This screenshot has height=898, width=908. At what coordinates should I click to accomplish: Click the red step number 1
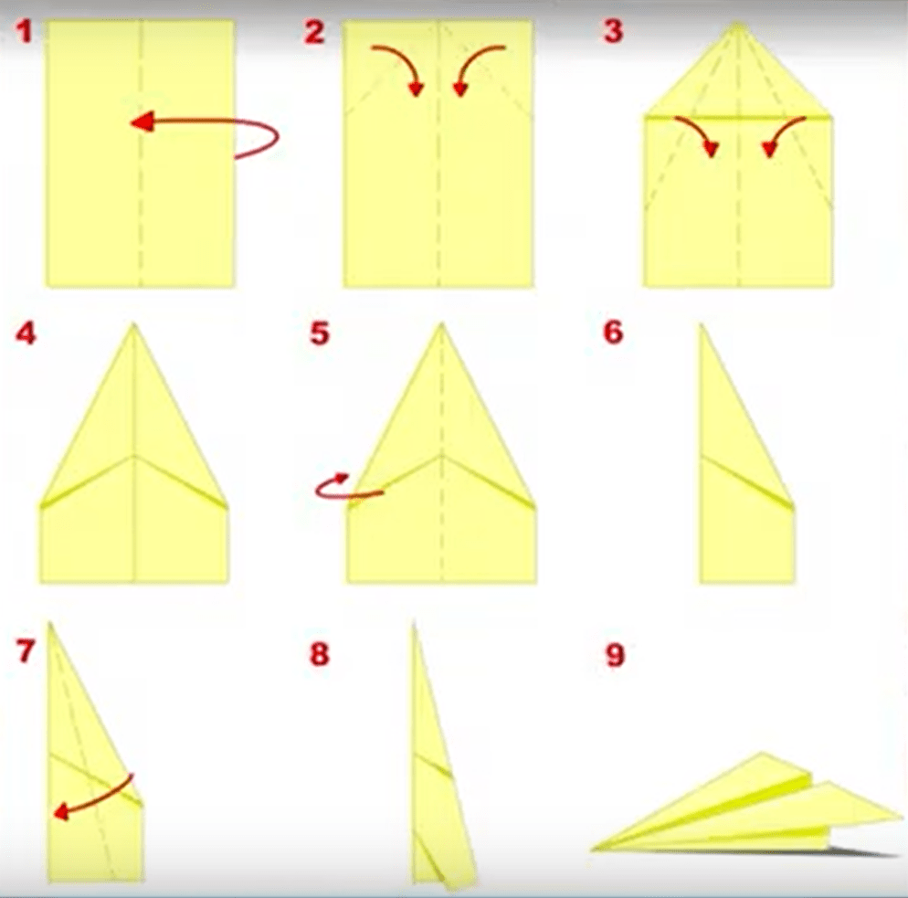(24, 31)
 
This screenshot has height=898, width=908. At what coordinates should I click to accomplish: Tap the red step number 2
(314, 31)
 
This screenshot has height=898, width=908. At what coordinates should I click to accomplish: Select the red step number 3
(613, 31)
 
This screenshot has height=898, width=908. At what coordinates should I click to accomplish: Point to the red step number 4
(26, 333)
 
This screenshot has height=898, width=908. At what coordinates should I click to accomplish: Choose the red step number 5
(319, 333)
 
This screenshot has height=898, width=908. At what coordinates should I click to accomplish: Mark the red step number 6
(613, 333)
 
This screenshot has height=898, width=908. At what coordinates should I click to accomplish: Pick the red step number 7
(26, 650)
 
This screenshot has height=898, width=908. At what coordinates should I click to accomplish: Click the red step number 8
(319, 654)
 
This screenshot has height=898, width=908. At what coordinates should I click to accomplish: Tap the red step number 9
(615, 654)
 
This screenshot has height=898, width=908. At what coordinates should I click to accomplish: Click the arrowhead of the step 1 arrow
(142, 121)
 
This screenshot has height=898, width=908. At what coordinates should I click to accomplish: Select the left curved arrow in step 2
(404, 64)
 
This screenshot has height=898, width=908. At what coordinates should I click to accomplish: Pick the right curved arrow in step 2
(474, 64)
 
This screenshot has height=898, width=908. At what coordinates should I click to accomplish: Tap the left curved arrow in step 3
(701, 131)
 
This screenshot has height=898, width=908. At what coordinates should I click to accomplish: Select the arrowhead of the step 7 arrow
(60, 812)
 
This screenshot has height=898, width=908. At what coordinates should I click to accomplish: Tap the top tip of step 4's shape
(133, 324)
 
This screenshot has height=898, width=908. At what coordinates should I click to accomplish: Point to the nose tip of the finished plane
(592, 850)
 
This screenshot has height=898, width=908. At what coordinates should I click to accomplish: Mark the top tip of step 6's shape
(702, 325)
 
